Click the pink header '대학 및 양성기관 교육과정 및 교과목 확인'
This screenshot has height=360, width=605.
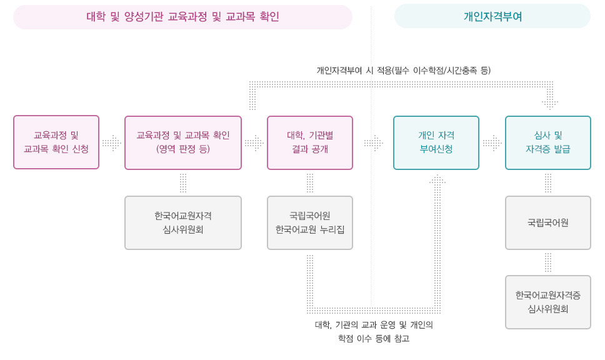[182, 17]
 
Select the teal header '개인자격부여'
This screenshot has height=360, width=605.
[492, 17]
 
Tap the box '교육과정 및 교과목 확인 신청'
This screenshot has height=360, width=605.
[56, 142]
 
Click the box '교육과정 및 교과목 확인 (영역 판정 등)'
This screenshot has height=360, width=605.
[183, 142]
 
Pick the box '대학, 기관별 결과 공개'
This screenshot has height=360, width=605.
[310, 142]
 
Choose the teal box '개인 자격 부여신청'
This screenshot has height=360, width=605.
[436, 142]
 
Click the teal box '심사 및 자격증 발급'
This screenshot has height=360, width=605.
[548, 142]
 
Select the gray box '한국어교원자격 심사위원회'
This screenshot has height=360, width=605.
[183, 222]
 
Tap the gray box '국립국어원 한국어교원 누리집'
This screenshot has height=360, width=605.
[310, 222]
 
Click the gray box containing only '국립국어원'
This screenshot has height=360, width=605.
[548, 222]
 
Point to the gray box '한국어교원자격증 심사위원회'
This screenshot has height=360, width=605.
[548, 302]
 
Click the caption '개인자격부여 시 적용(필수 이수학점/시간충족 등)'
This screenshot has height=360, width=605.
[404, 71]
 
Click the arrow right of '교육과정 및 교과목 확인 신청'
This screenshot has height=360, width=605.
[112, 143]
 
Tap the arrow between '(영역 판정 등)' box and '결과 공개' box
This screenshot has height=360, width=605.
[254, 143]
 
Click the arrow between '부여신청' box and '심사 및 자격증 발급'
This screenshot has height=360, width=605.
[492, 143]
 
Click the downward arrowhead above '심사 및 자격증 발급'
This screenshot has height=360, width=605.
[550, 102]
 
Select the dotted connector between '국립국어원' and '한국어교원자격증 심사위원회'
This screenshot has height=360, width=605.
[548, 262]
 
